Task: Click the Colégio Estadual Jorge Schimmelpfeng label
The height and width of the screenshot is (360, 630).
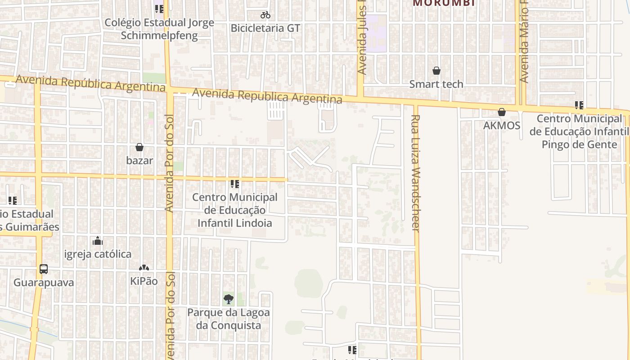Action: pyautogui.click(x=159, y=29)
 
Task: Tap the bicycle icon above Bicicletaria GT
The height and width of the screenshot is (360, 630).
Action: pyautogui.click(x=265, y=15)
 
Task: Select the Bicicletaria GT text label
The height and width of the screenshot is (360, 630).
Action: pyautogui.click(x=265, y=28)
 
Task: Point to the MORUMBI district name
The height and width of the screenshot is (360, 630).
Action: pyautogui.click(x=444, y=3)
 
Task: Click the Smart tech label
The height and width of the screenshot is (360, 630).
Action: pyautogui.click(x=436, y=84)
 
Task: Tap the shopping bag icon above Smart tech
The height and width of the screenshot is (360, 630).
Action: pyautogui.click(x=436, y=71)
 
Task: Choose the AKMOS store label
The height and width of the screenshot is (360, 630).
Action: pyautogui.click(x=501, y=126)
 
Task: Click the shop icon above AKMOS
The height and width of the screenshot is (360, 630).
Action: pyautogui.click(x=502, y=112)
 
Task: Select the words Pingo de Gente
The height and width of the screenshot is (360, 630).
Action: pyautogui.click(x=579, y=144)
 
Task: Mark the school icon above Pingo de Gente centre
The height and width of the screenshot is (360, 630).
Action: pyautogui.click(x=579, y=105)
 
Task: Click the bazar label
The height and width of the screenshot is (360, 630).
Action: pyautogui.click(x=139, y=160)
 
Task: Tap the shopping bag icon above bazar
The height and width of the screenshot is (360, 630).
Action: pyautogui.click(x=139, y=147)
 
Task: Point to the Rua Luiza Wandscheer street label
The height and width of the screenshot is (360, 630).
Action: pyautogui.click(x=415, y=173)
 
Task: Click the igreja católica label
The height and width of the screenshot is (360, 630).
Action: pyautogui.click(x=98, y=254)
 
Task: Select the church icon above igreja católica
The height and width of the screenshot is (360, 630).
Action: pyautogui.click(x=98, y=241)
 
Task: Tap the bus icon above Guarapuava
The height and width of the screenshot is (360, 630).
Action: pyautogui.click(x=43, y=269)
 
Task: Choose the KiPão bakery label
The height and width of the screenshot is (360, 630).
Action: pyautogui.click(x=144, y=281)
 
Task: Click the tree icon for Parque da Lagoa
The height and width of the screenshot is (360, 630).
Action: pyautogui.click(x=229, y=299)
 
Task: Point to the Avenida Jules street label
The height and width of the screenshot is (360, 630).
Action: pyautogui.click(x=362, y=38)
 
